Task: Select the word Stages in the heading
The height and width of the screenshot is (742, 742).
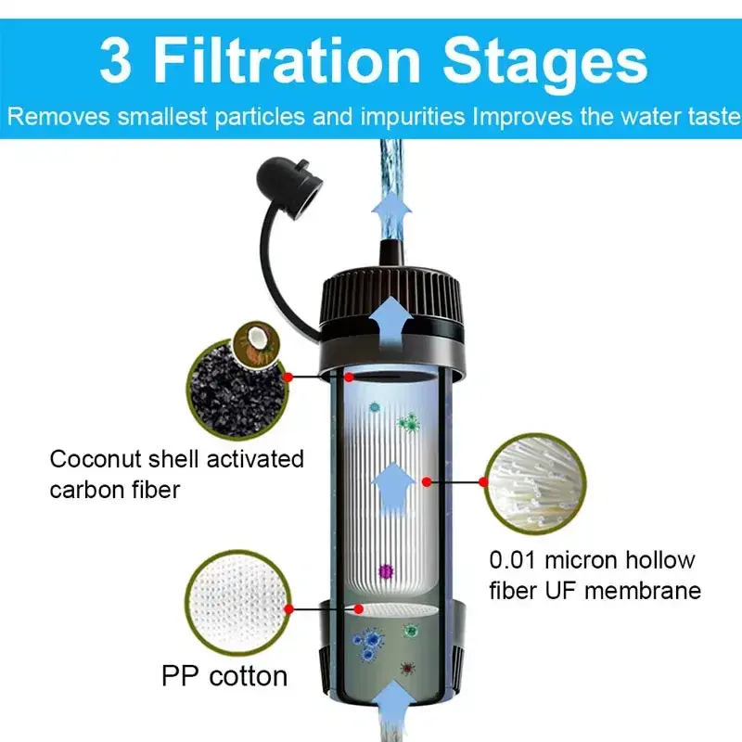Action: (x=547, y=62)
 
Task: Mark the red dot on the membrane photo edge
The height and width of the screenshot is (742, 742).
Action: (x=483, y=481)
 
